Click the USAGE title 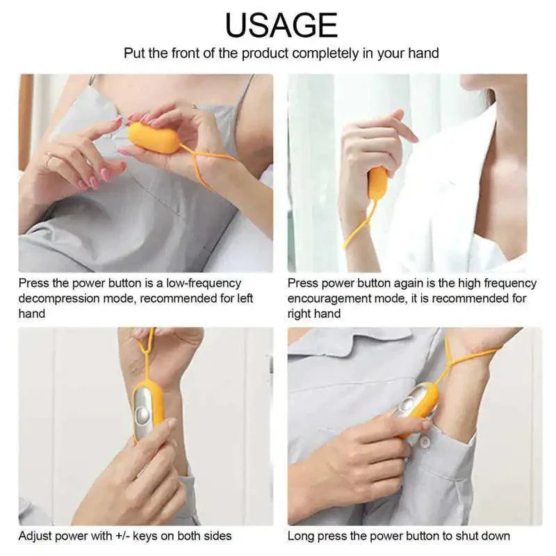point(281,25)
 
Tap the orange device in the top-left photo point(154,138)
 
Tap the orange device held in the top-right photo point(377,183)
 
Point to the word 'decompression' point(59,299)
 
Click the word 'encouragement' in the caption point(330,299)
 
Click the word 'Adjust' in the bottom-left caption point(35,536)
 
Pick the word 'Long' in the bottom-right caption point(301,536)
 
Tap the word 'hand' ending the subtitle point(424,54)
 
